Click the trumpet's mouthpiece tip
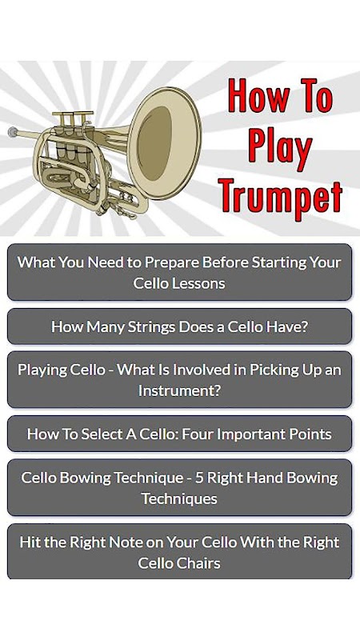(x=13, y=132)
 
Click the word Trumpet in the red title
(x=281, y=196)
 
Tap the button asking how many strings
(x=179, y=326)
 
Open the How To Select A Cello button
(x=179, y=434)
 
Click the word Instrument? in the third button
(x=179, y=390)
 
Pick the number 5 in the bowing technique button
(x=199, y=478)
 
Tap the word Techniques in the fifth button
(x=179, y=498)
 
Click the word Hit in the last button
(x=29, y=542)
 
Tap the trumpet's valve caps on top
(x=73, y=114)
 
